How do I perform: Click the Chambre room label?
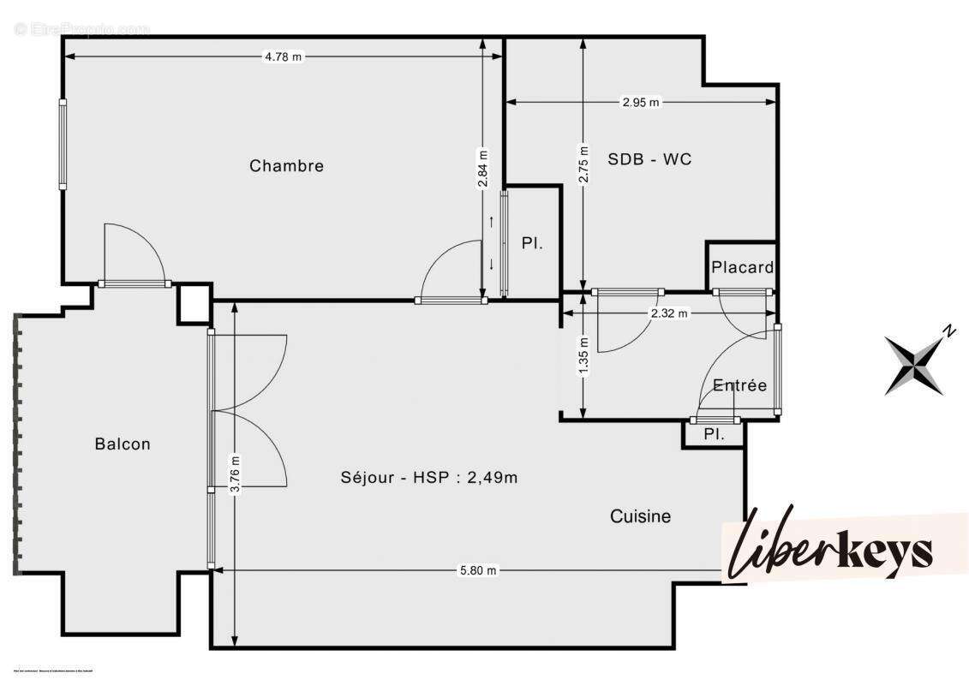pyautogui.click(x=286, y=165)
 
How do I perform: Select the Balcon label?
pyautogui.click(x=123, y=444)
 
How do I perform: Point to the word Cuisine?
pyautogui.click(x=640, y=516)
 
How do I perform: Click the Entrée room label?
pyautogui.click(x=739, y=385)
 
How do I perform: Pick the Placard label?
pyautogui.click(x=742, y=267)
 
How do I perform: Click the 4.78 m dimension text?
pyautogui.click(x=284, y=57)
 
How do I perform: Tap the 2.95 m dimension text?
pyautogui.click(x=641, y=102)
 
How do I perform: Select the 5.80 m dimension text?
pyautogui.click(x=478, y=570)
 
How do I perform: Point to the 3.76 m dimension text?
pyautogui.click(x=235, y=475)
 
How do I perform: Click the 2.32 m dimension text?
pyautogui.click(x=669, y=313)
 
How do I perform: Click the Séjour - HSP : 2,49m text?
pyautogui.click(x=428, y=478)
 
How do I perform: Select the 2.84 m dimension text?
pyautogui.click(x=482, y=169)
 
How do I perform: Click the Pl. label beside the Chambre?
pyautogui.click(x=531, y=243)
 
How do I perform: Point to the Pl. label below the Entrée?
pyautogui.click(x=714, y=435)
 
